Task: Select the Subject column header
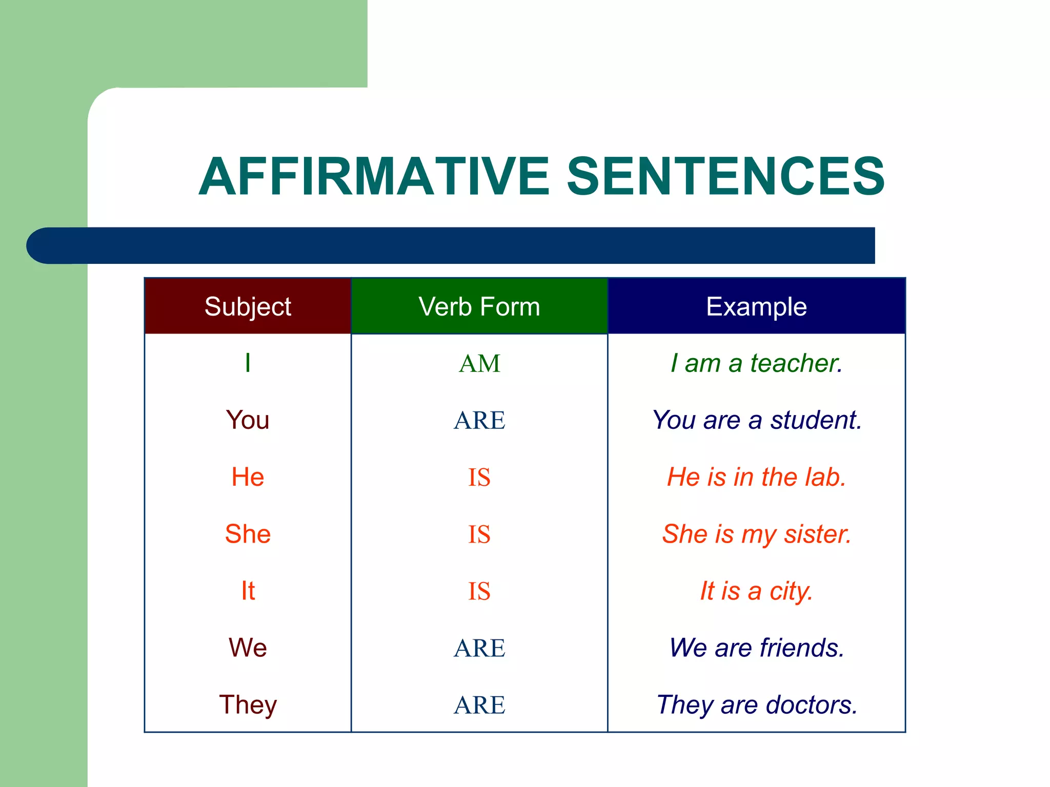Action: (x=248, y=306)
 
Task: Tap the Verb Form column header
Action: (x=479, y=306)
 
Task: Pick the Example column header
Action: (x=756, y=306)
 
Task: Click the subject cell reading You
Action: (x=248, y=420)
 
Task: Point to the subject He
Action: (x=248, y=477)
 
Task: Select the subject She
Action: (x=248, y=534)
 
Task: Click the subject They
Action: (x=248, y=705)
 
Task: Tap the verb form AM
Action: (x=479, y=364)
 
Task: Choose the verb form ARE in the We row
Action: (x=479, y=648)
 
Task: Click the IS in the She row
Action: (x=479, y=534)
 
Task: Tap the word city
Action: (x=791, y=591)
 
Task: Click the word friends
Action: (x=802, y=648)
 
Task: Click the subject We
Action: (x=248, y=648)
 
